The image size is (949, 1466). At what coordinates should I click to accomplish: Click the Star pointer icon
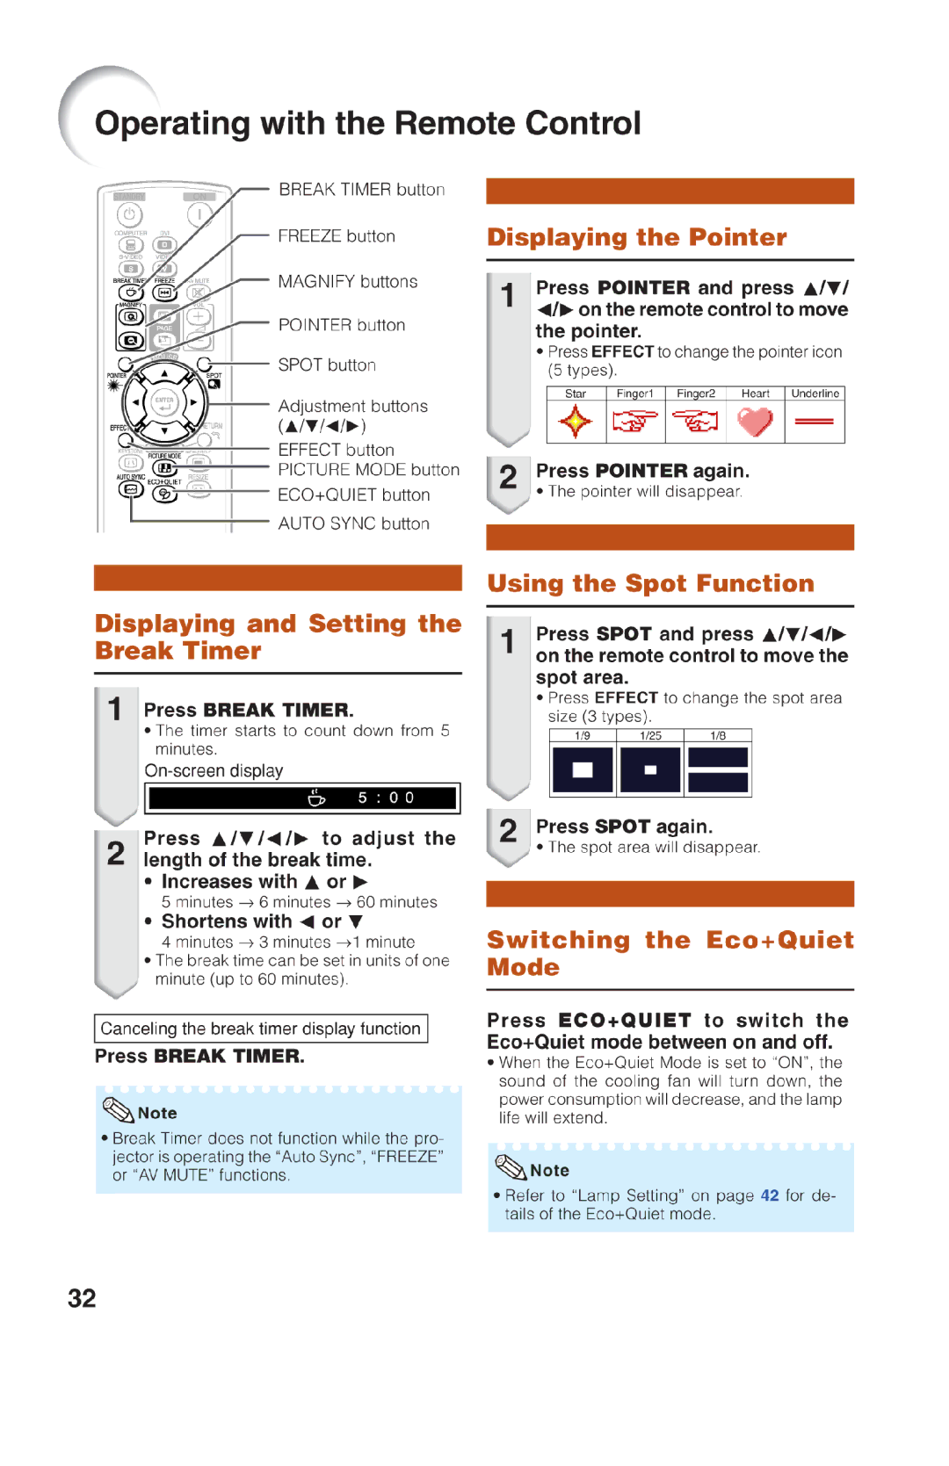point(576,422)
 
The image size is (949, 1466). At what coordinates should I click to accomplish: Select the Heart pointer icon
point(755,422)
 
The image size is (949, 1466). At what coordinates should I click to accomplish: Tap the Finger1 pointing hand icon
point(634,422)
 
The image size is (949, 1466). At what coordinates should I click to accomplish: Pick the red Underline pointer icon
point(815,422)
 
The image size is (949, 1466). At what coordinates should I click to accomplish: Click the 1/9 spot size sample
point(583,770)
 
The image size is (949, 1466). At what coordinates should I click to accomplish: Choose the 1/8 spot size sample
point(718,770)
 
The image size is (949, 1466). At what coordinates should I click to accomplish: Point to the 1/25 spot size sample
point(650,770)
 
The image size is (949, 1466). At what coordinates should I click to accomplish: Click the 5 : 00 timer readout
point(386,798)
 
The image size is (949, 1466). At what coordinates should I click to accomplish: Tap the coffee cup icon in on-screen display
point(316,798)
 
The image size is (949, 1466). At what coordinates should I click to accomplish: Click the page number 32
point(82,1298)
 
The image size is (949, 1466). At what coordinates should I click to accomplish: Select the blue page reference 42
point(769,1195)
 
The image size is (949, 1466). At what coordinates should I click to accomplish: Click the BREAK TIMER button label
point(361,190)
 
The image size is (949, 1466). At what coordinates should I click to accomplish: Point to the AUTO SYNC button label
point(353,524)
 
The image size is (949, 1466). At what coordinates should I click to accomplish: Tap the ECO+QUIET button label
point(353,495)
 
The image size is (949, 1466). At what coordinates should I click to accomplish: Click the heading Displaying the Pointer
point(636,237)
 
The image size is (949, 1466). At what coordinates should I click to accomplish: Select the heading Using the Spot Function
point(650,583)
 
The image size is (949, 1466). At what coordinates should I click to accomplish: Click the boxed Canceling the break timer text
point(260,1029)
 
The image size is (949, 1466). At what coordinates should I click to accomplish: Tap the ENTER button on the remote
point(164,403)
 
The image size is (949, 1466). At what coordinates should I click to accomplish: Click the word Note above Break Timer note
point(157,1113)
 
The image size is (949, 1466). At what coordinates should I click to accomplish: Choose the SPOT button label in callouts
point(326,365)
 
